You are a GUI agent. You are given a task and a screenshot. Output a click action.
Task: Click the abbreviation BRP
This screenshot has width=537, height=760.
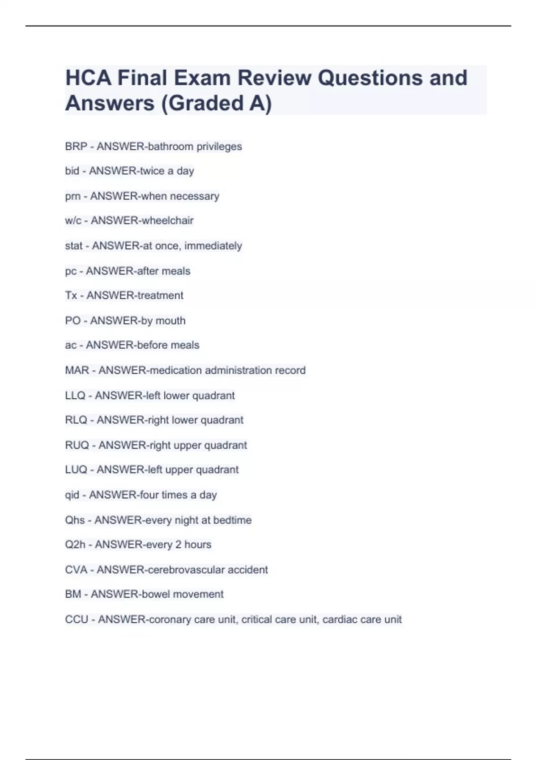point(76,147)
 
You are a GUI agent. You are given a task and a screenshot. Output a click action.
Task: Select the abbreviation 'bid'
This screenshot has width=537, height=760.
point(72,171)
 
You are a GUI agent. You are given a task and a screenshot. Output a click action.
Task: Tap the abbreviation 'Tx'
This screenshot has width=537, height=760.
point(71,296)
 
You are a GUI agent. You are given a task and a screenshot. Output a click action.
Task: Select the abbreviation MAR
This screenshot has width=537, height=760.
point(77,371)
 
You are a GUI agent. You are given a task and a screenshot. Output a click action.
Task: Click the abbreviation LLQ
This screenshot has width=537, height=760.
point(75,396)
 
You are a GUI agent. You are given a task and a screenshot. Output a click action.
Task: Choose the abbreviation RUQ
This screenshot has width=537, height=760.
point(77,445)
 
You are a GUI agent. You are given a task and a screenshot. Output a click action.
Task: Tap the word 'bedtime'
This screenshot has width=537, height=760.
point(232,520)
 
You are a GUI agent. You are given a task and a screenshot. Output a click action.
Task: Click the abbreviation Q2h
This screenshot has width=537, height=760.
point(75,545)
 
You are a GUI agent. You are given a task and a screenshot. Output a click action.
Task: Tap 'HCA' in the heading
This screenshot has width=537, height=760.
point(88,78)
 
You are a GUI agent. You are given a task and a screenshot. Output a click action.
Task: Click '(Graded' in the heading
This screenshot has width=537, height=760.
point(201,103)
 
